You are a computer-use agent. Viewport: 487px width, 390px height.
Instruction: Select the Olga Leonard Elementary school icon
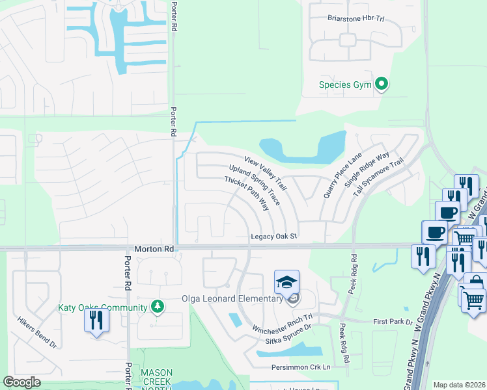click(286, 283)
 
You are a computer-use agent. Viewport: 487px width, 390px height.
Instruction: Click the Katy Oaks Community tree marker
click(156, 306)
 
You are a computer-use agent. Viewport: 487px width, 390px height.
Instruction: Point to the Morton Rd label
click(154, 249)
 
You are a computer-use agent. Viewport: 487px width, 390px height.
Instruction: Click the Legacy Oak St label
click(274, 237)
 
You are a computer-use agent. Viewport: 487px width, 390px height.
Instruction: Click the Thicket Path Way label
click(247, 193)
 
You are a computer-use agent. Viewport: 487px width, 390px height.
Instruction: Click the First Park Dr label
click(393, 322)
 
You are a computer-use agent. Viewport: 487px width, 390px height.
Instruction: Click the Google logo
click(21, 382)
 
